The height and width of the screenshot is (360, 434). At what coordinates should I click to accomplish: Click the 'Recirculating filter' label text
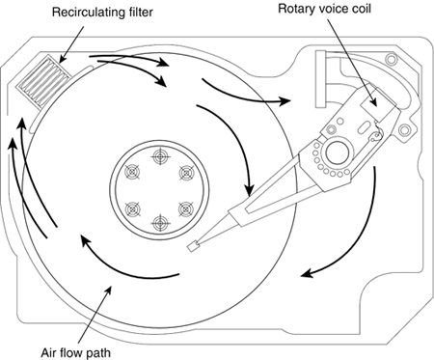(x=102, y=13)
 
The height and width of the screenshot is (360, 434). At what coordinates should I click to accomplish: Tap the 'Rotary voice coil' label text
(x=324, y=9)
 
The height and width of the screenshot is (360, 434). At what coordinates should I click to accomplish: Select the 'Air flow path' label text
(x=76, y=352)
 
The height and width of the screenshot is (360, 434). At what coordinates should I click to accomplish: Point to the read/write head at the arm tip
(x=193, y=246)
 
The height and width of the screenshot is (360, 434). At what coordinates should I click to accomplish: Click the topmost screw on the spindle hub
(x=160, y=156)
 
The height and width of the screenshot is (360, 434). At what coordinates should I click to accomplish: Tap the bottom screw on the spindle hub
(x=160, y=223)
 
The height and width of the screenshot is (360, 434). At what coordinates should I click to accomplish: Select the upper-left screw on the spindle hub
(x=132, y=173)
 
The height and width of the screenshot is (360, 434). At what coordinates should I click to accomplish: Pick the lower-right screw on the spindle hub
(x=187, y=209)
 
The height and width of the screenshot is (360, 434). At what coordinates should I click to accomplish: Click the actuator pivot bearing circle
(x=338, y=152)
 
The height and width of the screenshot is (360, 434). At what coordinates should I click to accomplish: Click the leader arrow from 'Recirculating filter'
(x=71, y=44)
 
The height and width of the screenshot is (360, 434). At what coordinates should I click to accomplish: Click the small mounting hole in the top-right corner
(x=392, y=59)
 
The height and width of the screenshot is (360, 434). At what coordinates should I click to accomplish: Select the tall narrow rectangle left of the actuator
(x=320, y=79)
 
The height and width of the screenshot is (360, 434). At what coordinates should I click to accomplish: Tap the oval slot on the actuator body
(x=364, y=125)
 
